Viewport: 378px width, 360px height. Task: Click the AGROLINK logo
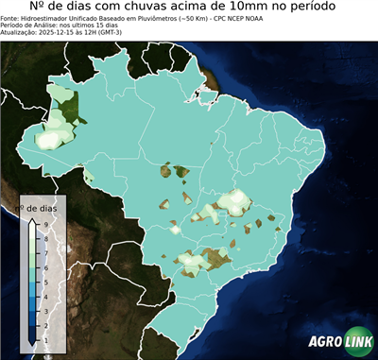tap(341, 341)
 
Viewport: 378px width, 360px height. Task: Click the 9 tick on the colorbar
tap(44, 223)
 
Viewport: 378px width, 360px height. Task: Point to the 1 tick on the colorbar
tap(44, 338)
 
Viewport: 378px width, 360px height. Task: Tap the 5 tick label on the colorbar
tap(44, 281)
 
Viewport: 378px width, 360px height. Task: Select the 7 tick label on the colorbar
tap(44, 252)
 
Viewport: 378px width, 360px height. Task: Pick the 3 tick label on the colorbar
tap(44, 310)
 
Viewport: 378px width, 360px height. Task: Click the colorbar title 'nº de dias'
tap(42, 207)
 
